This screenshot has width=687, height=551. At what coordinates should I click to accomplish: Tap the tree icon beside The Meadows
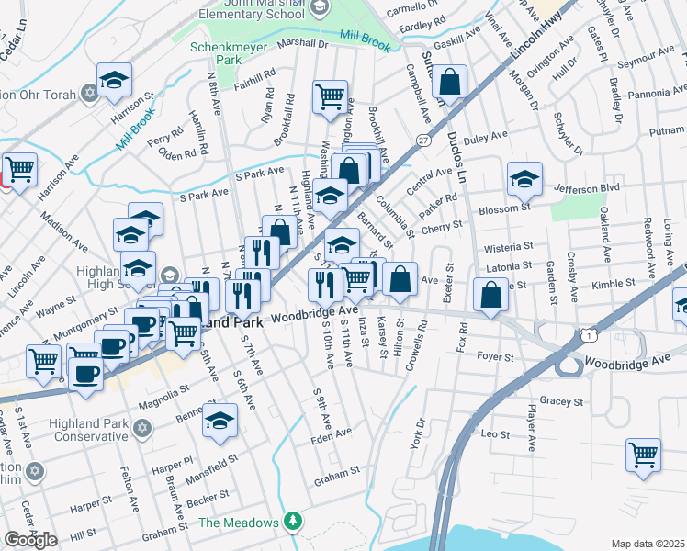[x=292, y=522]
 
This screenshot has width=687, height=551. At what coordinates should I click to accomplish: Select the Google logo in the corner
[x=30, y=540]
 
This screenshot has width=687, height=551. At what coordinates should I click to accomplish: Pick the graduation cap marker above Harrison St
[x=114, y=80]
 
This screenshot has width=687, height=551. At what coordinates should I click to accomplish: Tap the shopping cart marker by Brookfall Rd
[x=330, y=96]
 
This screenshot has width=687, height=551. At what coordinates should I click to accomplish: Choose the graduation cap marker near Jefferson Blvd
[x=524, y=178]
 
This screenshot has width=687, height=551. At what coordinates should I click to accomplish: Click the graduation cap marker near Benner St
[x=220, y=419]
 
